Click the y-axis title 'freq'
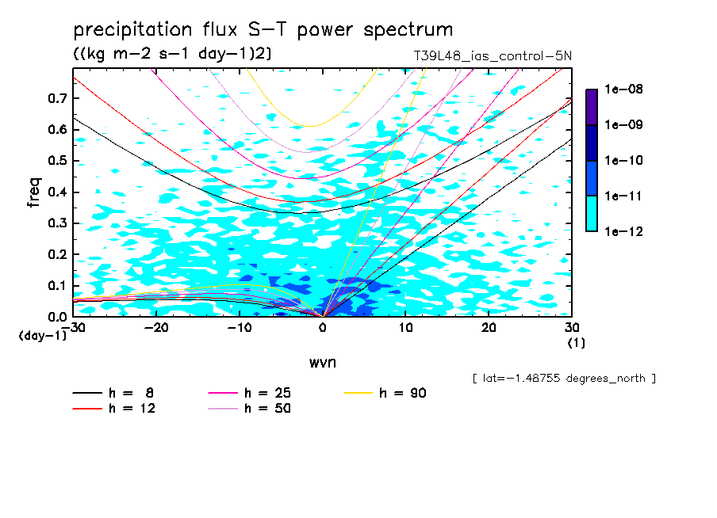pos(34,192)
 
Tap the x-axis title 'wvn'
pos(323,363)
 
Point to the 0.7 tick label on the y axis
pos(57,98)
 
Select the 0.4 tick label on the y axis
pos(57,192)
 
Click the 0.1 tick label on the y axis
pos(57,285)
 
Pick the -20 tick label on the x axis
pos(156,328)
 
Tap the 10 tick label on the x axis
pos(405,328)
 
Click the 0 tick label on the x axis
pos(323,328)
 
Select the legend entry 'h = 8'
pos(113,393)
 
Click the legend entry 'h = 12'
pos(114,408)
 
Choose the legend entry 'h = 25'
pos(250,393)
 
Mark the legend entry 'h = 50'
pos(250,408)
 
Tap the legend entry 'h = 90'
pos(385,393)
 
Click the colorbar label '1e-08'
pos(623,89)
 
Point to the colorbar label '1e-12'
pos(623,231)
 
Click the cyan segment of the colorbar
pos(592,214)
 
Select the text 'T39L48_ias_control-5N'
pos(493,56)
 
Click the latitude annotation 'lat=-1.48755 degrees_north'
pos(564,379)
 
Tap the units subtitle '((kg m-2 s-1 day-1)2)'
pos(172,54)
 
